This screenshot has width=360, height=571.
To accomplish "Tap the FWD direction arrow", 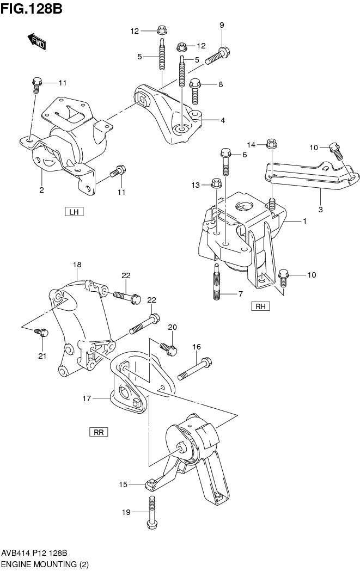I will point(36,41).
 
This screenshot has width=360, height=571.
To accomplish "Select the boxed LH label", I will point(74,212).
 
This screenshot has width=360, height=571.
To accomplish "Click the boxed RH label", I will point(260,306).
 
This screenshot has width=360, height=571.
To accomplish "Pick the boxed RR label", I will point(99,432).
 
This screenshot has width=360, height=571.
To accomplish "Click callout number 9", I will point(222,25).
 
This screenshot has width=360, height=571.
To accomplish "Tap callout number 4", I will point(223,120).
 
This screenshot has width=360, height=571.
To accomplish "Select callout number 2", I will point(41,190).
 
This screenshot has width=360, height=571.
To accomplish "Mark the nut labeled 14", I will point(272,145).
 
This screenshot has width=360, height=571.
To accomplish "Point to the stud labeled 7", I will point(217,281).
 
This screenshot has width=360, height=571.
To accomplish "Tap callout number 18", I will point(77,265).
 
